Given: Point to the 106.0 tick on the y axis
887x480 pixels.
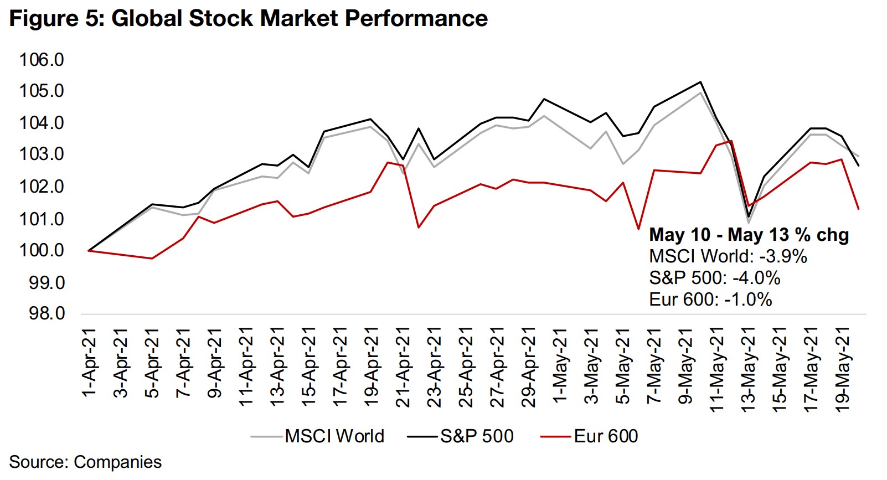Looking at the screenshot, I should click(x=42, y=59).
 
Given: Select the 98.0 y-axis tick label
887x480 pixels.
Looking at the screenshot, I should click(x=47, y=313).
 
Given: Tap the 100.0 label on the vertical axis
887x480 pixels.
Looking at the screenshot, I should click(x=42, y=250).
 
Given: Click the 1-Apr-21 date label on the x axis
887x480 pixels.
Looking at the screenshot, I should click(x=89, y=363).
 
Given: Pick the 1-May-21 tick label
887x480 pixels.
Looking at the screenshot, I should click(x=560, y=366).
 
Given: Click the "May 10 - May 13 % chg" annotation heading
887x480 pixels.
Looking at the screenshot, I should click(x=749, y=234).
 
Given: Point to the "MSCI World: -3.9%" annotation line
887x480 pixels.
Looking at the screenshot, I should click(x=728, y=256).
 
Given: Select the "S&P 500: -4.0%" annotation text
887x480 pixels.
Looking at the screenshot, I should click(x=714, y=277).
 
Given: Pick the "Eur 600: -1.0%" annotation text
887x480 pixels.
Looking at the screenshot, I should click(x=710, y=300).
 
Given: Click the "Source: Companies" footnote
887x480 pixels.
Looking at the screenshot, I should click(x=85, y=462).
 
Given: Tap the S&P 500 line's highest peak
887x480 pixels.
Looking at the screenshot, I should click(x=701, y=82).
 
